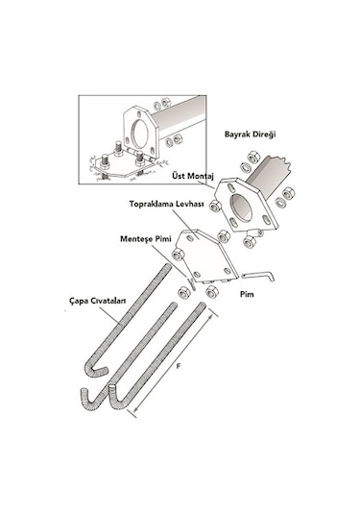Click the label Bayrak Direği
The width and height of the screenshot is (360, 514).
pos(250,135)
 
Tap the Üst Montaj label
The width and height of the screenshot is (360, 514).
pos(193,176)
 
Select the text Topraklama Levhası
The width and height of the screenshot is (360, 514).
pos(166,204)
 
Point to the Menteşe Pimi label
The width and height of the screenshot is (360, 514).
pos(146,238)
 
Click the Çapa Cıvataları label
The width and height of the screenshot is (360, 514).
pos(98,301)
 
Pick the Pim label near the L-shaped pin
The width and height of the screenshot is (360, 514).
pos(247,294)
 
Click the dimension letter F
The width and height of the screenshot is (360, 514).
pos(179,366)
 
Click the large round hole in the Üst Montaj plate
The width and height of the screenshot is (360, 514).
pos(241,208)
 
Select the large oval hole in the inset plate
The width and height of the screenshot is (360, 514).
pos(140,134)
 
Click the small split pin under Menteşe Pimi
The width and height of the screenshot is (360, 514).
pos(192,283)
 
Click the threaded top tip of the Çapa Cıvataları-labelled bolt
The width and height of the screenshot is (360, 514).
pos(168,266)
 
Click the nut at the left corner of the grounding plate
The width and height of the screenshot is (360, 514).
pos(178,255)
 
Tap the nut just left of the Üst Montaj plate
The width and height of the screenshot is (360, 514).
pos(215,206)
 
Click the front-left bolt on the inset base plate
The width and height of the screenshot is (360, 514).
pos(105,162)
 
